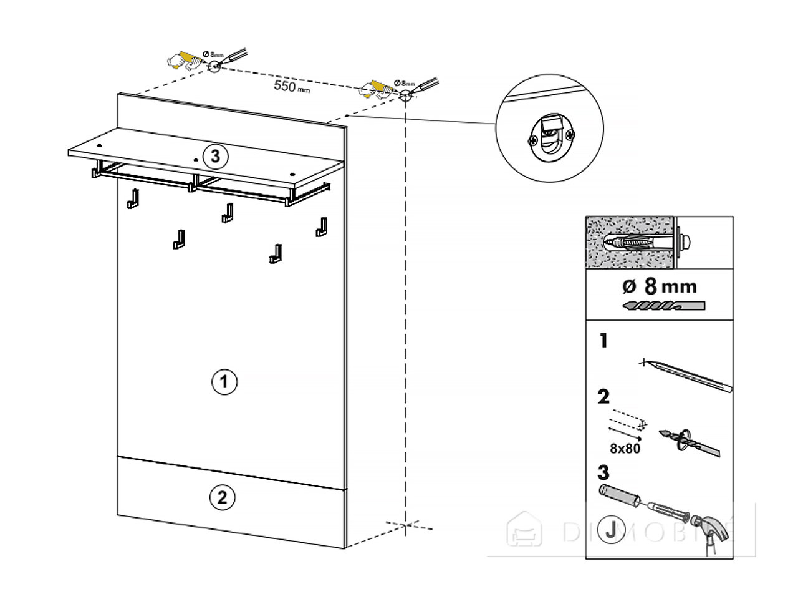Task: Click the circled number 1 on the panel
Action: pos(224,381)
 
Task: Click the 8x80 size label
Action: pos(624,448)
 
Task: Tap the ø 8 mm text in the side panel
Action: pos(660,286)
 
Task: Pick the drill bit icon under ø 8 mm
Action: pos(663,307)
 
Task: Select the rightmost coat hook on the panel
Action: pos(322,226)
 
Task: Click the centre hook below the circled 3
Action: pos(228,213)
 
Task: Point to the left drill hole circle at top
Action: pos(214,66)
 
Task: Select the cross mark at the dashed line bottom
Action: pos(405,525)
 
